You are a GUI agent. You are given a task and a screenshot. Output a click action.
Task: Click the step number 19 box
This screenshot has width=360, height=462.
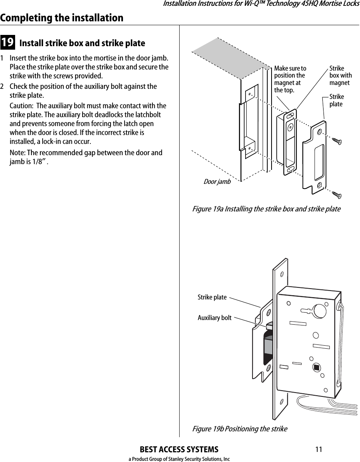(8, 43)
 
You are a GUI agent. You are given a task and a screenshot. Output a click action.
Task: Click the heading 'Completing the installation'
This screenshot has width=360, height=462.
(62, 18)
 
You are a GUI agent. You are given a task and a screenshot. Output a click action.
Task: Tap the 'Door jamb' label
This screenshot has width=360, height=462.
(217, 182)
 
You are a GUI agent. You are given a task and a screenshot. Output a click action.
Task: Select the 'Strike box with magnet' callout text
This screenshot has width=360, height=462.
(340, 76)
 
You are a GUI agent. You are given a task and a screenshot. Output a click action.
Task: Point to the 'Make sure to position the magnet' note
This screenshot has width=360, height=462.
(290, 79)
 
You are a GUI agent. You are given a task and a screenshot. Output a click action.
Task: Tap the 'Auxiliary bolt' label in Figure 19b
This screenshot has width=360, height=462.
(215, 318)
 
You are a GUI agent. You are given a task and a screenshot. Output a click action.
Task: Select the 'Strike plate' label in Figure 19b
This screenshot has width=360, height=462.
(212, 297)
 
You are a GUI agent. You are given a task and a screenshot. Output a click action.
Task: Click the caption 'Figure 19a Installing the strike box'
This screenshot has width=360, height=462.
(267, 209)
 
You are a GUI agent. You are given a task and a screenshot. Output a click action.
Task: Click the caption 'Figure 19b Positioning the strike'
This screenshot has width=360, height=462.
(240, 429)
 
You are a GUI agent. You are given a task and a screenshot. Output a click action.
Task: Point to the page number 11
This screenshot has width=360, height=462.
(318, 450)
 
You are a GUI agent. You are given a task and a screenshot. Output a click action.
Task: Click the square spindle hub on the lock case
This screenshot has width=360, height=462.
(316, 367)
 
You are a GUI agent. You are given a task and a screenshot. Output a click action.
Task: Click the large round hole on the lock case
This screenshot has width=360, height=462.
(320, 311)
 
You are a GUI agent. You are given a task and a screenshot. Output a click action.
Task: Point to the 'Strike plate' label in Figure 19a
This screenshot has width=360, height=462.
(336, 100)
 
